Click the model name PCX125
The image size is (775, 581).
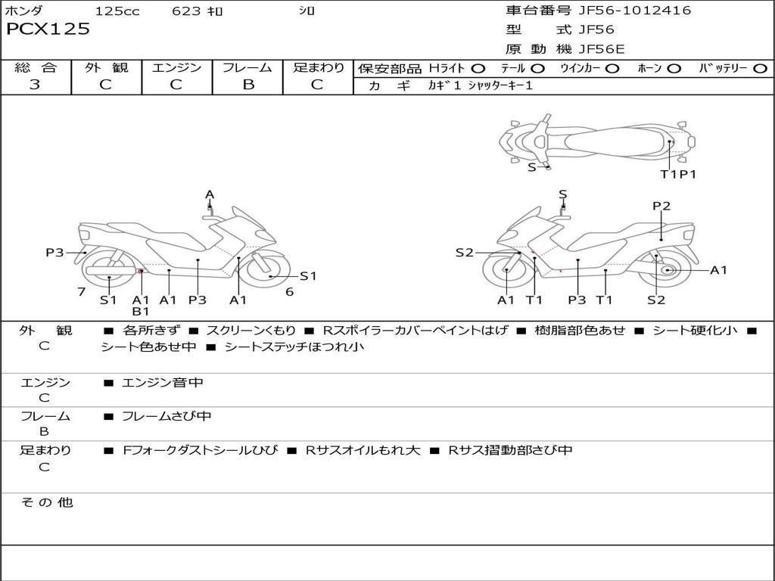tap(48, 30)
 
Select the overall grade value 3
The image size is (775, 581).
tap(35, 85)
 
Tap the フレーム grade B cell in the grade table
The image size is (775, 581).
tap(247, 85)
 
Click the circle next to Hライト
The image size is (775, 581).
tap(478, 68)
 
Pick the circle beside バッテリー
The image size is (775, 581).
tap(760, 68)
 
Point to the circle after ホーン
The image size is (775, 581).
tap(674, 68)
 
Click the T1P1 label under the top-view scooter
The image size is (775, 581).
tap(677, 174)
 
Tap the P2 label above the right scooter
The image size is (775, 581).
tap(661, 206)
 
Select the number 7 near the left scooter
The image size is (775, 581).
tap(81, 291)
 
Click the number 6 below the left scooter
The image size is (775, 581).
tap(289, 291)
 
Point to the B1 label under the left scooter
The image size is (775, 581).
tap(141, 311)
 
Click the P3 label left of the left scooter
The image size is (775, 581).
tap(54, 253)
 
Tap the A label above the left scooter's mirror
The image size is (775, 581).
tap(210, 194)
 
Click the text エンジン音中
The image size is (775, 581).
tap(163, 383)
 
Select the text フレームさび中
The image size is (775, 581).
tap(167, 416)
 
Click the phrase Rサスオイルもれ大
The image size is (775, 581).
tap(363, 450)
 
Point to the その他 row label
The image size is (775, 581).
tap(46, 502)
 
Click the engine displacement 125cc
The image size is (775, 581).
tap(117, 11)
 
